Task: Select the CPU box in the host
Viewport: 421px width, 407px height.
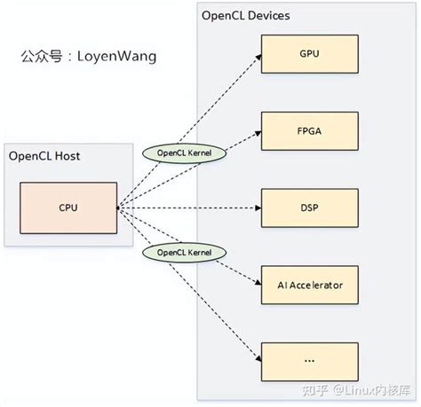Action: (69, 207)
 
